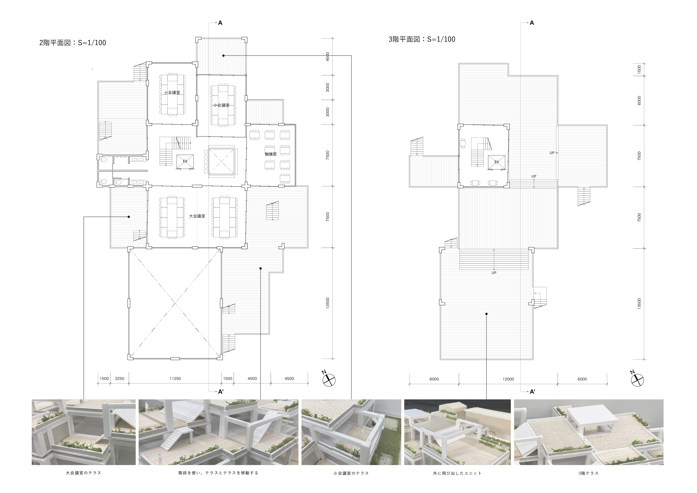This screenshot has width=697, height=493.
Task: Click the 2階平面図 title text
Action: tap(73, 43)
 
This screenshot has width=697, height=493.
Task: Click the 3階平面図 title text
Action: tap(422, 39)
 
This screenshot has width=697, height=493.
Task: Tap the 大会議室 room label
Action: tap(197, 216)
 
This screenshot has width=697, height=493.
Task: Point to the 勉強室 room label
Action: tap(271, 154)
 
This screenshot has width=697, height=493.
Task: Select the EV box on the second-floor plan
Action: tap(185, 161)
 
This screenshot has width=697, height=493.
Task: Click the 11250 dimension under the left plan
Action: tap(175, 379)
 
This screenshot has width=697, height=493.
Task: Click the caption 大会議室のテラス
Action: tap(84, 473)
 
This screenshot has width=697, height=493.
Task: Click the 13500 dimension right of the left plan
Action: tap(327, 303)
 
